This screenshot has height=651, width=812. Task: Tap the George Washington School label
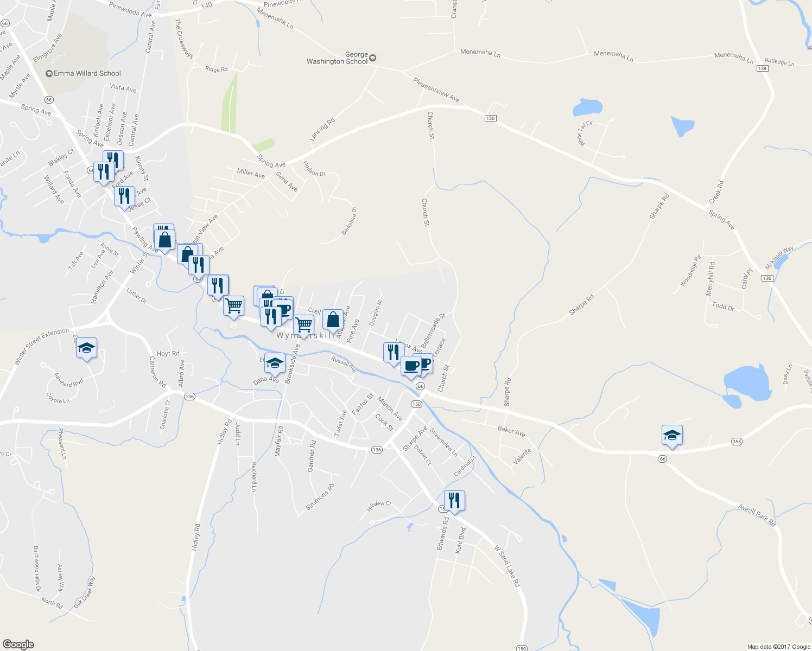pos(337,58)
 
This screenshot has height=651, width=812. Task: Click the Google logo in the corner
pos(18,644)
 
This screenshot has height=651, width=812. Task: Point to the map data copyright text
pos(779,647)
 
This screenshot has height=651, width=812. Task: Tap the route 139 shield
pos(763,68)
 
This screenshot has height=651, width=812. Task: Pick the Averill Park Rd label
pos(757,515)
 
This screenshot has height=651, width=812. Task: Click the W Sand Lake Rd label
pos(507,566)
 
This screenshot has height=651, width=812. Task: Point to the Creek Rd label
pos(716,193)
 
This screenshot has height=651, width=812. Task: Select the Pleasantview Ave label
pos(436,90)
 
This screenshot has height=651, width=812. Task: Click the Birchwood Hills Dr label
pos(37,569)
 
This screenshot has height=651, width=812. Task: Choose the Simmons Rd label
pos(320,497)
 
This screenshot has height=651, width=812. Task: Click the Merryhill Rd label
pos(710,278)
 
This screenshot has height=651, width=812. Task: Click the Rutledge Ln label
pos(779,62)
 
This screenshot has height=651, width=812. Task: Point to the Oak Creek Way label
pos(85,591)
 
